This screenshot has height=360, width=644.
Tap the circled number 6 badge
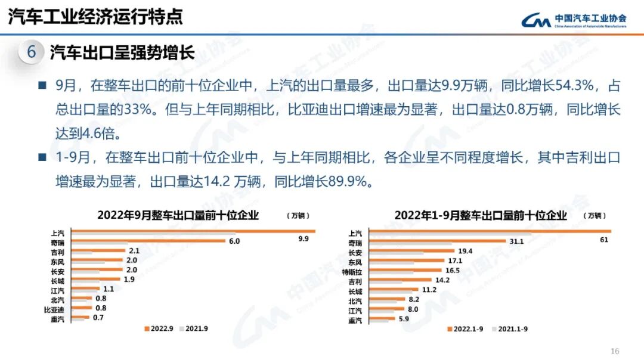pyautogui.click(x=31, y=52)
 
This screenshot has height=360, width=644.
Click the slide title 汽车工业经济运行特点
pyautogui.click(x=95, y=17)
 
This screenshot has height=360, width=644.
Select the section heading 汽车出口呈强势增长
pyautogui.click(x=122, y=52)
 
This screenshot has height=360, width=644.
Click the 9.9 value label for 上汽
pyautogui.click(x=304, y=239)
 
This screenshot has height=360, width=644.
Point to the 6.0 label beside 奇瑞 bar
pyautogui.click(x=234, y=241)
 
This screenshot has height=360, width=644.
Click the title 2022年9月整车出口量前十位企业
pyautogui.click(x=178, y=216)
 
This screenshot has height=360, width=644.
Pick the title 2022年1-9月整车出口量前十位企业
pyautogui.click(x=480, y=216)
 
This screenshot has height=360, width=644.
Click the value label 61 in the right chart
pyautogui.click(x=604, y=240)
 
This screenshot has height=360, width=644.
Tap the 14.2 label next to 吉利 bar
pyautogui.click(x=442, y=280)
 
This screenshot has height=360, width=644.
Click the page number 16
pyautogui.click(x=615, y=350)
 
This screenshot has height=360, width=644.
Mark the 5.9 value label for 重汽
pyautogui.click(x=404, y=318)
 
